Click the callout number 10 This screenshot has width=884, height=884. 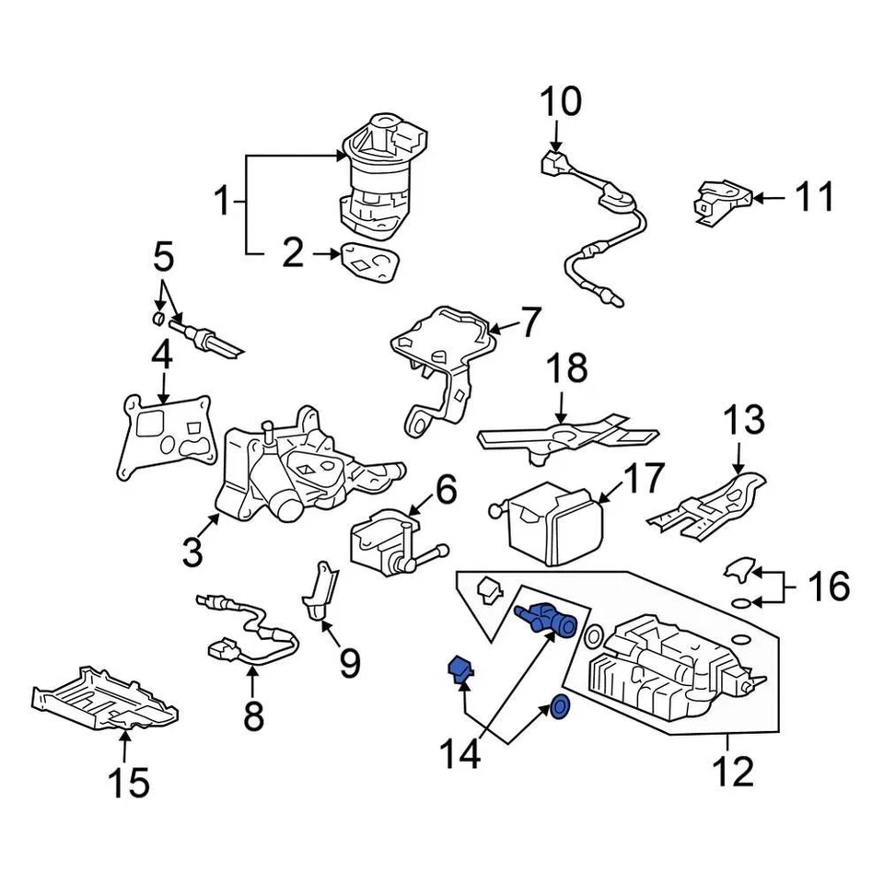560,102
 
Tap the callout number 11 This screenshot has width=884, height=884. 814,197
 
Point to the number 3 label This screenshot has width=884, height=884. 192,552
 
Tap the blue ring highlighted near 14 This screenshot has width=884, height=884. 558,707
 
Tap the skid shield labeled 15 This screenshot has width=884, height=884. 103,702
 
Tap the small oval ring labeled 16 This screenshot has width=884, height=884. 739,603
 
